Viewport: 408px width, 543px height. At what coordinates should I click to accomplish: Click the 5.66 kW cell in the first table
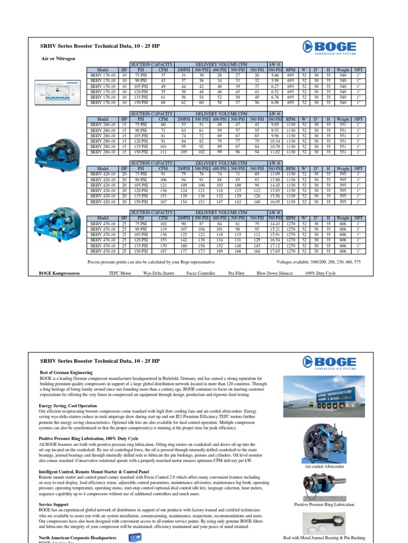pyautogui.click(x=274, y=75)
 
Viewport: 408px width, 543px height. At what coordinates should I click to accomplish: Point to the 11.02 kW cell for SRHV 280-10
pyautogui.click(x=274, y=152)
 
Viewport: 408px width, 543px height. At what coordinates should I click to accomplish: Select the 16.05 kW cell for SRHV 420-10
pyautogui.click(x=274, y=202)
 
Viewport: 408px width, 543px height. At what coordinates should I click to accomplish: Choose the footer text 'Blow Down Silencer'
pyautogui.click(x=275, y=274)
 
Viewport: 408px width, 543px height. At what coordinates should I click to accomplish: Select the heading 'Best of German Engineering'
pyautogui.click(x=66, y=373)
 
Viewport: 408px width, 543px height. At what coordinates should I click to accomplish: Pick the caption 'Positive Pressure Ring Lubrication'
pyautogui.click(x=324, y=505)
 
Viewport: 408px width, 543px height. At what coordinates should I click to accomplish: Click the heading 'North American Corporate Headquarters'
pyautogui.click(x=78, y=537)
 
